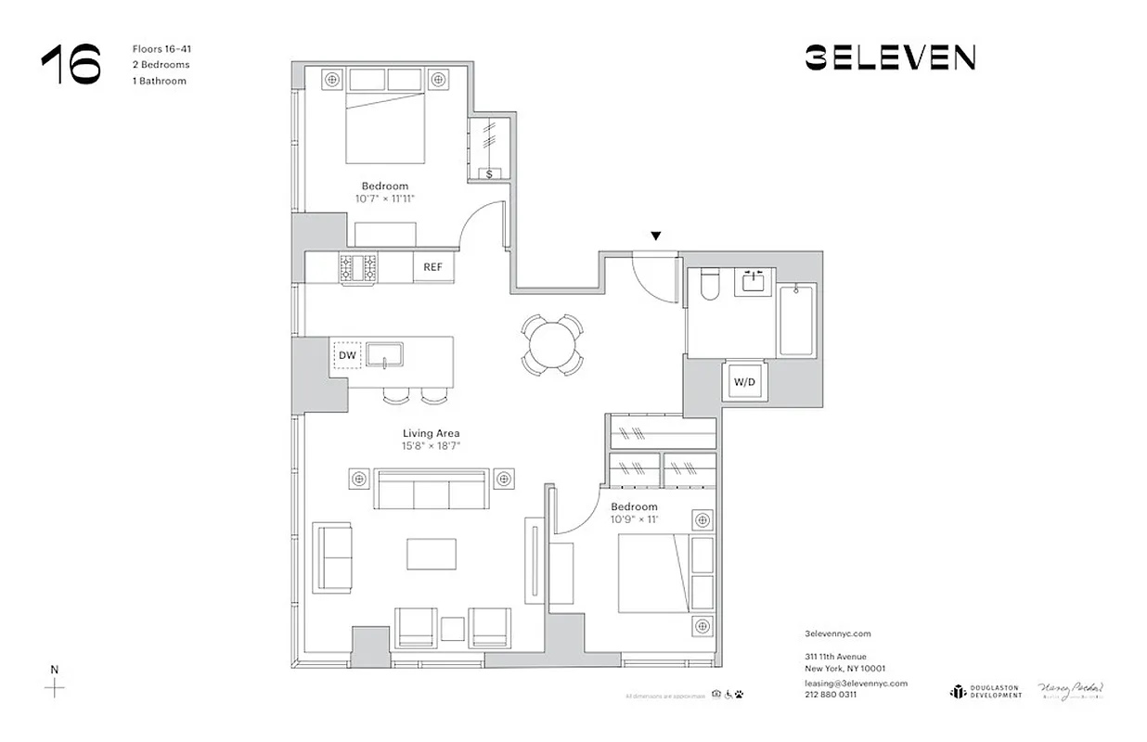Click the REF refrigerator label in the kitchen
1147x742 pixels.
point(432,267)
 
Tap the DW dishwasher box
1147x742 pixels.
point(347,355)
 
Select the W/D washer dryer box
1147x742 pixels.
point(745,381)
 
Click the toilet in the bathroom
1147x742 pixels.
point(710,284)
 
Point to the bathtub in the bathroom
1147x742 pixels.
point(797,321)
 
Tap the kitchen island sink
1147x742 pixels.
point(384,354)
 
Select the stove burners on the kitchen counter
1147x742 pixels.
point(359,268)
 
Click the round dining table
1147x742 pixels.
point(552,345)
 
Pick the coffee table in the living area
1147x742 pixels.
point(432,554)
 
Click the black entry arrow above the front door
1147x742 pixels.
point(656,237)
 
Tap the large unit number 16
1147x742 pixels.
point(71,65)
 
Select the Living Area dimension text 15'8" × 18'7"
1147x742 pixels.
point(432,446)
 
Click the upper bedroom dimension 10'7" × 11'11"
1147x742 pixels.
point(384,198)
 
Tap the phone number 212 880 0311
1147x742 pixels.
point(831,694)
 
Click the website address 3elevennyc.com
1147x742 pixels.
point(838,634)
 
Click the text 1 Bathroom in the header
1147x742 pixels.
point(160,81)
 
